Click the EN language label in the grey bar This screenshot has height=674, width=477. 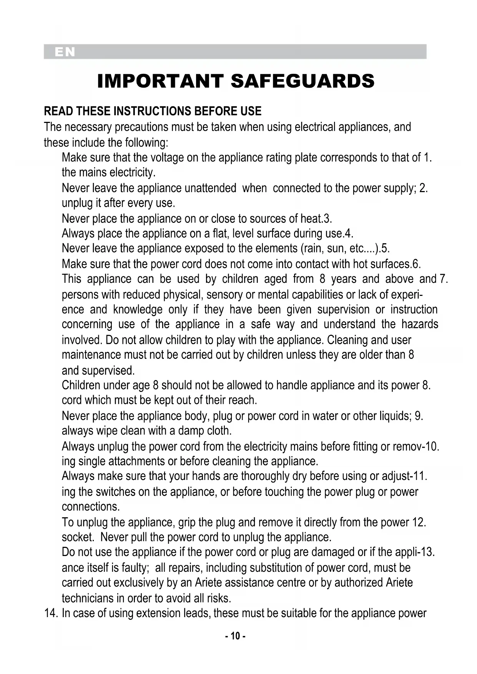pos(65,52)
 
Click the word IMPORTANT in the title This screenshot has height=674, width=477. pos(160,81)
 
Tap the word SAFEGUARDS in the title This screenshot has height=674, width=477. pos(302,81)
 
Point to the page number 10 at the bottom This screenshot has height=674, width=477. pos(235,636)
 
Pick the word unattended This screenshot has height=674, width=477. pos(210,188)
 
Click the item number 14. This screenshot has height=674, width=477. pos(51,613)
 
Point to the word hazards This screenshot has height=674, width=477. pos(420,324)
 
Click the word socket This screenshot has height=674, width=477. pos(78,537)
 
